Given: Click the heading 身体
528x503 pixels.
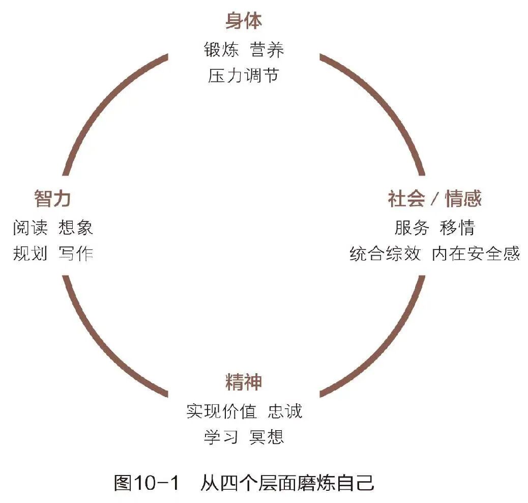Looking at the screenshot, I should tap(244, 22).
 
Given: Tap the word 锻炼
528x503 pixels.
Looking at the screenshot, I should tap(221, 50).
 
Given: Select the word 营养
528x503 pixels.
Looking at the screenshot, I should tap(267, 50).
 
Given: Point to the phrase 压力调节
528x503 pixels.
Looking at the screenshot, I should tap(244, 76).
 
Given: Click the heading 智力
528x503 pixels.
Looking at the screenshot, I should tap(52, 199).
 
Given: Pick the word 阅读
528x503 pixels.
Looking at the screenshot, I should tap(31, 227).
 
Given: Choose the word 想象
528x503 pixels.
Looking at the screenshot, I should tap(76, 227).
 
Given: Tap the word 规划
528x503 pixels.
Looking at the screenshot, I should tap(31, 253).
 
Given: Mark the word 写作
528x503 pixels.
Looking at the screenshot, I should tap(76, 253).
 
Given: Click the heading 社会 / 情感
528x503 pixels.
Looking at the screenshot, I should tap(434, 199).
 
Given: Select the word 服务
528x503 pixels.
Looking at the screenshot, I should tap(412, 227).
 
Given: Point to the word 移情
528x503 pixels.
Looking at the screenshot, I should tap(457, 227).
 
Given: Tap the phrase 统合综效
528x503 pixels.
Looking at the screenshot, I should tap(385, 253).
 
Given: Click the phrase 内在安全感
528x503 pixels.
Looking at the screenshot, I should tap(476, 253).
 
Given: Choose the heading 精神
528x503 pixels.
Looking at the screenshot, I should tap(244, 382).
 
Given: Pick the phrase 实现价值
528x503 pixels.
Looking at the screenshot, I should tap(221, 411).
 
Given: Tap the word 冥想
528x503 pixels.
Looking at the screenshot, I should tap(267, 437).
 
